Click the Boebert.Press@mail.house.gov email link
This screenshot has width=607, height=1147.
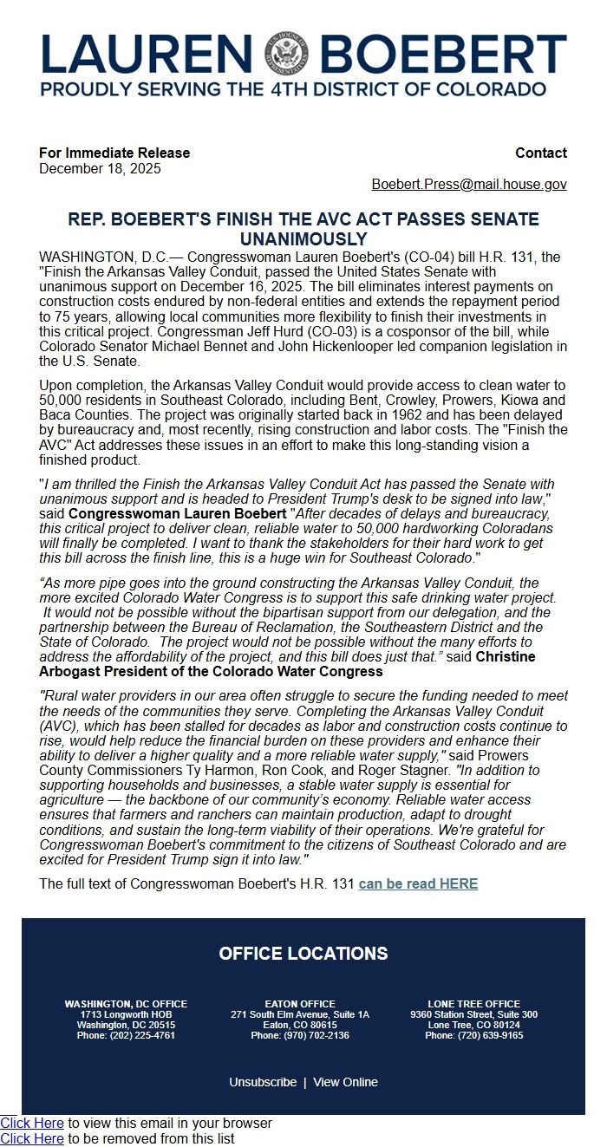click(469, 185)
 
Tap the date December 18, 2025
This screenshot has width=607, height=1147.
click(100, 169)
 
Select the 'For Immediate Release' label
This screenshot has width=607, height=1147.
click(114, 153)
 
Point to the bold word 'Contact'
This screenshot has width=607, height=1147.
click(541, 153)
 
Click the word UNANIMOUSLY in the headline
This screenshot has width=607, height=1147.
click(303, 239)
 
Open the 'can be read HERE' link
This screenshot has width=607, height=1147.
click(418, 883)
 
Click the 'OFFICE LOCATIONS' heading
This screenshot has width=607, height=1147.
click(303, 954)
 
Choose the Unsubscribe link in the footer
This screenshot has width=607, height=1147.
click(263, 1082)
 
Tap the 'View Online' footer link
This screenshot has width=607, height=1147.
click(345, 1082)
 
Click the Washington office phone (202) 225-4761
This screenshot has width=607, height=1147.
click(126, 1035)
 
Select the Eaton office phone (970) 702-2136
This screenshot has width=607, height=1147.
click(300, 1035)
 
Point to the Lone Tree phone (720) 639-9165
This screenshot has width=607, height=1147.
click(473, 1035)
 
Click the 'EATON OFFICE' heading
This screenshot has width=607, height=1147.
click(300, 1004)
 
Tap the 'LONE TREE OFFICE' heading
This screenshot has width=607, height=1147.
click(473, 1004)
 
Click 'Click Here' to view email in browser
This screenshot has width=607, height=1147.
click(32, 1123)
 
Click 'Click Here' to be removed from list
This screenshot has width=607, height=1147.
click(32, 1138)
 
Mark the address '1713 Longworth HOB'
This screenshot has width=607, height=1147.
click(126, 1014)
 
